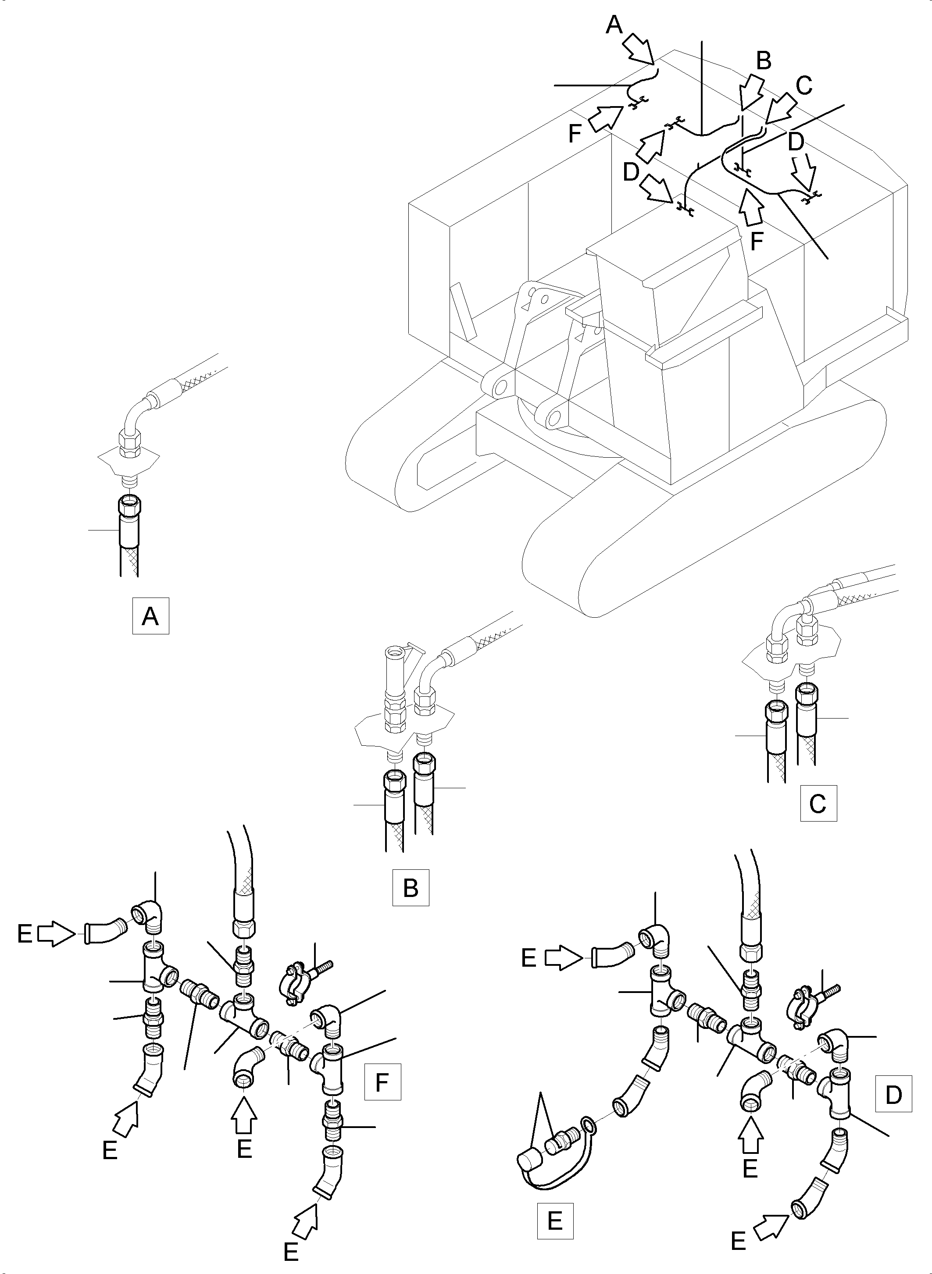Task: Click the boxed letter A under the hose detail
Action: [150, 616]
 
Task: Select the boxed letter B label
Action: [411, 888]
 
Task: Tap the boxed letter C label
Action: [818, 803]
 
